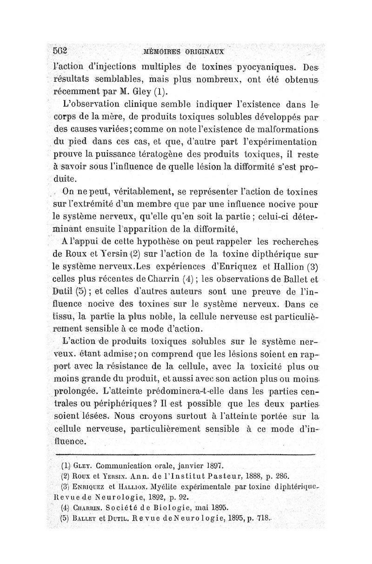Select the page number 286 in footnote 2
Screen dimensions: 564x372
coord(268,476)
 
